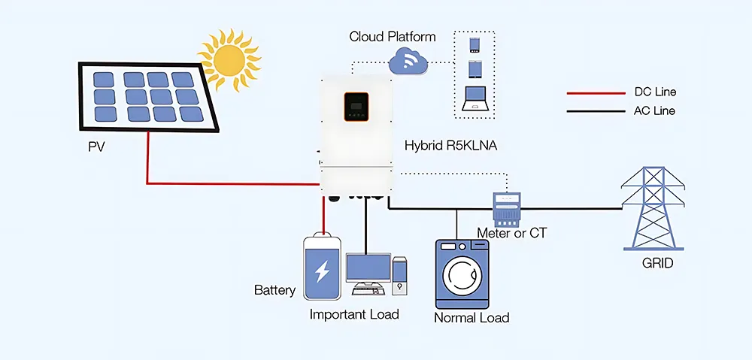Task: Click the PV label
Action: (96, 147)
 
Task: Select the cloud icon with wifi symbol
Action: (408, 59)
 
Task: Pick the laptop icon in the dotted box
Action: (475, 99)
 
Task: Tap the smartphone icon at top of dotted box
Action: (475, 44)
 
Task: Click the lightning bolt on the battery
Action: (322, 271)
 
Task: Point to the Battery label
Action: (274, 290)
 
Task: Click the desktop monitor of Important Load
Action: (368, 268)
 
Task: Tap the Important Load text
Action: (354, 314)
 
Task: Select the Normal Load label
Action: (472, 318)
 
